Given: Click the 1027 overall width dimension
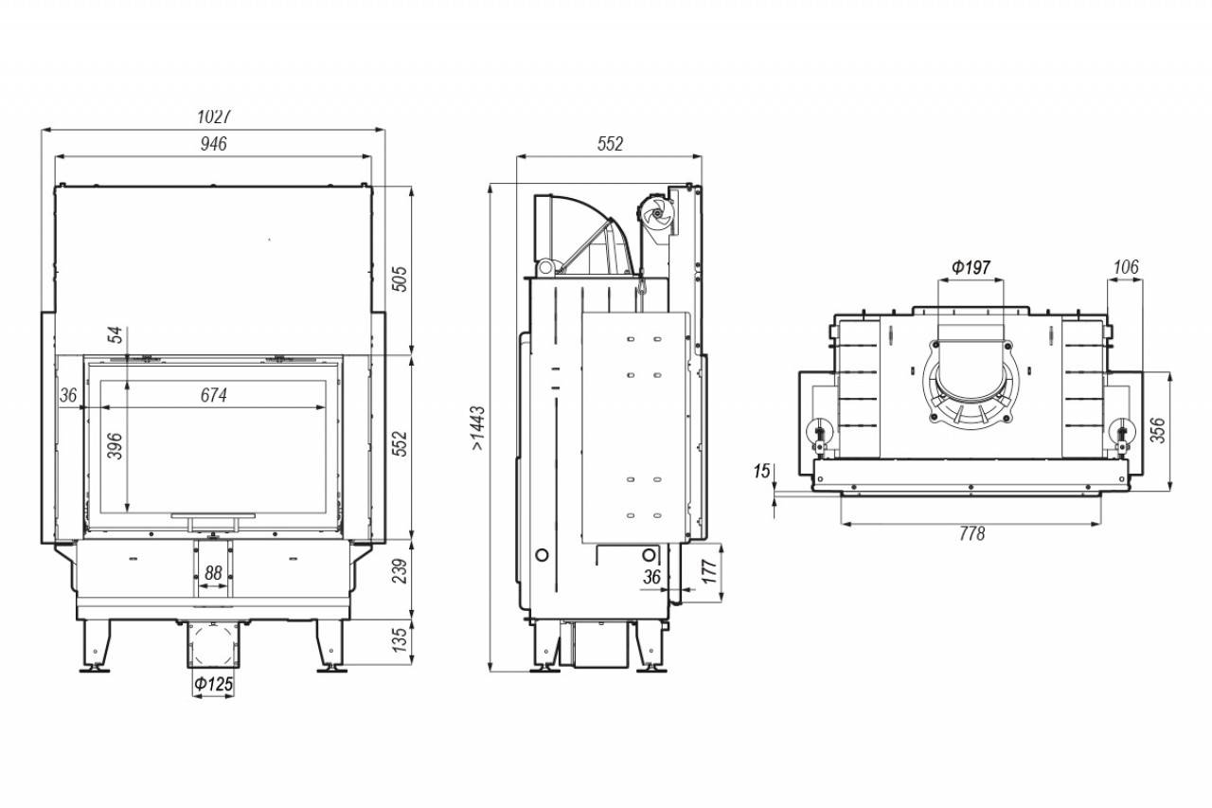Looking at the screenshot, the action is (x=214, y=117).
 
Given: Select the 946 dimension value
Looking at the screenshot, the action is (x=214, y=143).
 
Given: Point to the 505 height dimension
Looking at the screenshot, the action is (x=400, y=278).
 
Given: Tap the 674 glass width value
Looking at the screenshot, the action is (x=214, y=395).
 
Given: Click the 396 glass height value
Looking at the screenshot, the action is (x=115, y=445).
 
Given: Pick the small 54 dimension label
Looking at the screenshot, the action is (x=116, y=335).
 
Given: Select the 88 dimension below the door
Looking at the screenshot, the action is (x=214, y=572).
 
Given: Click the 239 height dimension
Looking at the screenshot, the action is (x=400, y=571).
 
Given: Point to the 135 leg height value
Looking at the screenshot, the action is (x=400, y=639).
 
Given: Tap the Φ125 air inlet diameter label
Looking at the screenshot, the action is (x=214, y=684).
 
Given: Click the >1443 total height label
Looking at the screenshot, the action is (x=478, y=428).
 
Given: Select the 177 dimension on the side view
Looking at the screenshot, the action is (x=709, y=571).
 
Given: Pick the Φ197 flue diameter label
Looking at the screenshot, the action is (x=971, y=267).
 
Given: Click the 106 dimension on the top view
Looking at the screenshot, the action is (x=1126, y=266).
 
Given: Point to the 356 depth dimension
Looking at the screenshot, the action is (x=1157, y=430).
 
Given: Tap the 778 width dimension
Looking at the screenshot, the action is (x=972, y=533).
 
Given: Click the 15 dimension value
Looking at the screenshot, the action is (x=761, y=472).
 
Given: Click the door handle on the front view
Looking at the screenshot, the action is (x=213, y=522).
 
